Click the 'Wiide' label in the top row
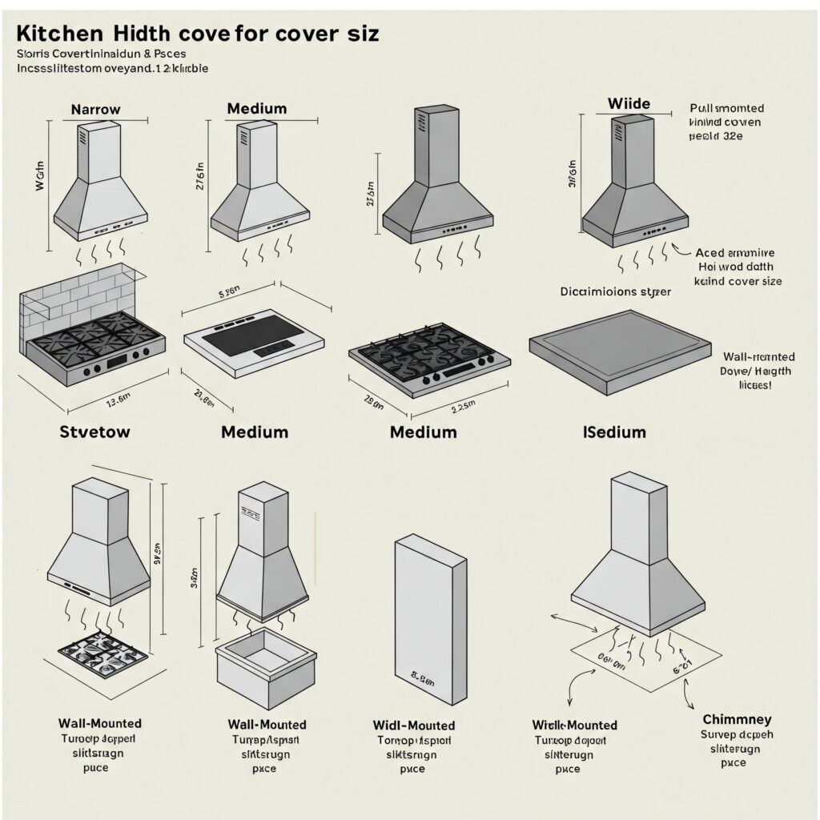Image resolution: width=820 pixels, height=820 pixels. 629,103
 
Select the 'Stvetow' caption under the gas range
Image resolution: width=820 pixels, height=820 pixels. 94,432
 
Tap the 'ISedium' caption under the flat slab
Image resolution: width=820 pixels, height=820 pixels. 614,432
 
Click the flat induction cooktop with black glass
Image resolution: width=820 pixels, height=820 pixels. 254,342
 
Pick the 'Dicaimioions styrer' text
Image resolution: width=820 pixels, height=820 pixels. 614,291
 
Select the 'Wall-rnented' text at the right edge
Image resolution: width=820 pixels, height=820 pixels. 758,356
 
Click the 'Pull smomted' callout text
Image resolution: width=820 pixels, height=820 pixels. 726,108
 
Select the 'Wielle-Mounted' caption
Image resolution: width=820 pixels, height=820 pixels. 574,725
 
